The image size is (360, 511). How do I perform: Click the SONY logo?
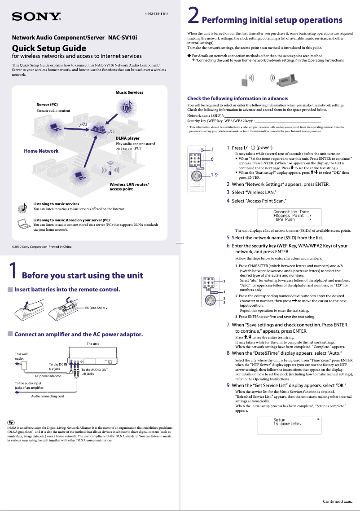pyautogui.click(x=36, y=17)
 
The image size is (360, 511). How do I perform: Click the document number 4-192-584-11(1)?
pyautogui.click(x=156, y=13)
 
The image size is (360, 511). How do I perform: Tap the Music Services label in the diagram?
pyautogui.click(x=129, y=93)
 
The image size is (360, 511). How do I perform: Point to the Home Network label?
pyautogui.click(x=41, y=151)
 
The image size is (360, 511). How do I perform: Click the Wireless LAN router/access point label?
pyautogui.click(x=129, y=186)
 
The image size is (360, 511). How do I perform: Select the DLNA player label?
pyautogui.click(x=127, y=138)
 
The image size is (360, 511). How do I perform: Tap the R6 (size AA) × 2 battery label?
pyautogui.click(x=96, y=308)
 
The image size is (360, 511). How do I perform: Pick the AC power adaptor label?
pyautogui.click(x=48, y=376)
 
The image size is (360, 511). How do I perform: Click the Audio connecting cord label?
pyautogui.click(x=48, y=396)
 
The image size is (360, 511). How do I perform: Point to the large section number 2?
pyautogui.click(x=193, y=16)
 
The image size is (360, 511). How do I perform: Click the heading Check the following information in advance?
pyautogui.click(x=237, y=98)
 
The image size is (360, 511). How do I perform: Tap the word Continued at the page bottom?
pyautogui.click(x=333, y=501)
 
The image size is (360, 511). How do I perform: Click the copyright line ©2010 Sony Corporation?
pyautogui.click(x=41, y=247)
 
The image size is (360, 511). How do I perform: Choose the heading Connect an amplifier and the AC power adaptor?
pyautogui.click(x=79, y=335)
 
